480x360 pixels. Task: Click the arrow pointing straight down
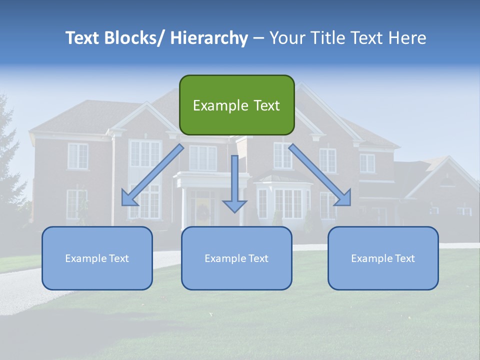pyautogui.click(x=234, y=185)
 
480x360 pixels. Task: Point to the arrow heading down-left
pyautogui.click(x=152, y=175)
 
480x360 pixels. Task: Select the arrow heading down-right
pyautogui.click(x=320, y=175)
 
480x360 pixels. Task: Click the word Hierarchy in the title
pyautogui.click(x=209, y=38)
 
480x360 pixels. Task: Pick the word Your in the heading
pyautogui.click(x=286, y=38)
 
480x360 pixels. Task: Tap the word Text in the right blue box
pyautogui.click(x=405, y=258)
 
